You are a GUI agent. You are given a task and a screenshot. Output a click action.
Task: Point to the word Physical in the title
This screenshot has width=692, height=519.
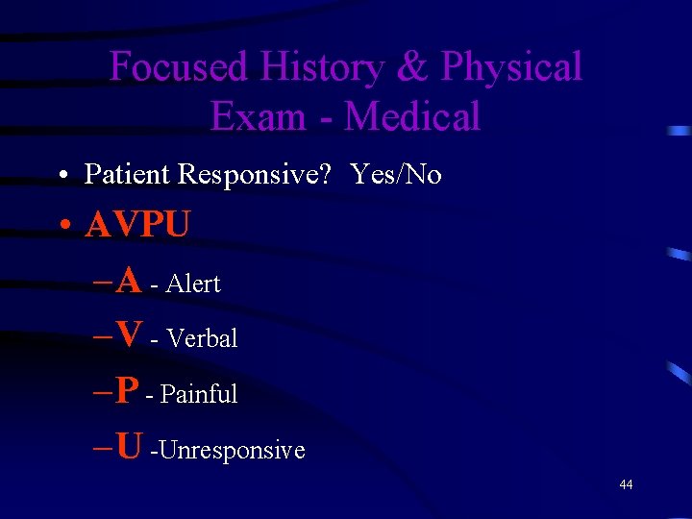511,67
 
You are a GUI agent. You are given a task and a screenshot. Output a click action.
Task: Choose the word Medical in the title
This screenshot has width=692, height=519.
412,117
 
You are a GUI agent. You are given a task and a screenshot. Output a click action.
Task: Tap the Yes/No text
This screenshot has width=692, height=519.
396,174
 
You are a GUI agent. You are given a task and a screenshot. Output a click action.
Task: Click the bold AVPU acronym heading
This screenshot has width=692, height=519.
137,226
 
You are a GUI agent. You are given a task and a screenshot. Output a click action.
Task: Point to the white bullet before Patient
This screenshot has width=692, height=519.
62,175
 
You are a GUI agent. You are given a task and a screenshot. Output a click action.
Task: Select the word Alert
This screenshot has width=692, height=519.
193,284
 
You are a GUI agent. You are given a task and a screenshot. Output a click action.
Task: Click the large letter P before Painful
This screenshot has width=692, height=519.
127,390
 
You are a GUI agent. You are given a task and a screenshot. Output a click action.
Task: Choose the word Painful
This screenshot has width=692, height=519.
199,394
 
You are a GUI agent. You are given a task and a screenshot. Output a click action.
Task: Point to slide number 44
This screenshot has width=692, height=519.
626,485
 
